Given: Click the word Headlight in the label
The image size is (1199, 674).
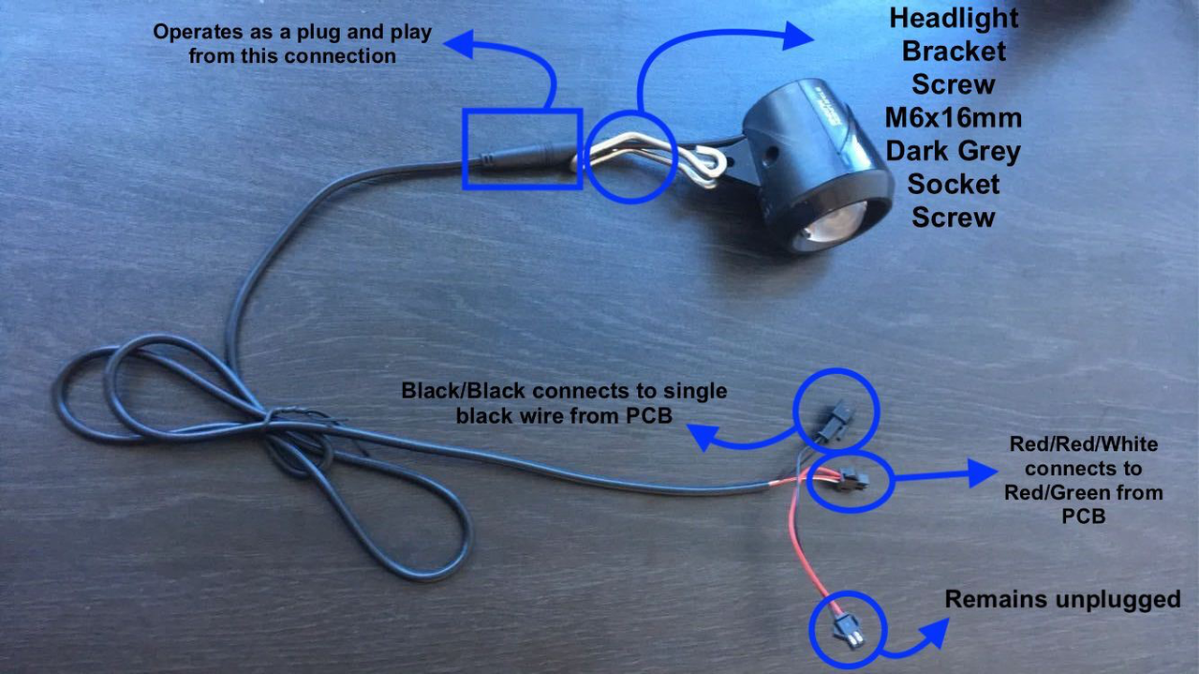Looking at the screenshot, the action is point(954,18).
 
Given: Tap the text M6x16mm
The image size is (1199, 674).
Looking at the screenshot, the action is point(954,118).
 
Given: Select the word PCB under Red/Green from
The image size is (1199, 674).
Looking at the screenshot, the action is point(1084,516).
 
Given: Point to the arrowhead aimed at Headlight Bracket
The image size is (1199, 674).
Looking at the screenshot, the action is point(797,36).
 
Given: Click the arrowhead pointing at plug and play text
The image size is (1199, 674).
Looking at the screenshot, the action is point(459,43).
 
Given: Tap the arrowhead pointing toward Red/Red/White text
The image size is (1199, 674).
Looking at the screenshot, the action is point(983,472).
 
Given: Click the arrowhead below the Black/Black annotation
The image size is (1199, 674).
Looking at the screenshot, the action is point(702,437).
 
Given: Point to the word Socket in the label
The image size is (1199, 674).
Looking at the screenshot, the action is point(954,185).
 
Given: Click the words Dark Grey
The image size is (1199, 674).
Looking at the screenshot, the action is point(954,151).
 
